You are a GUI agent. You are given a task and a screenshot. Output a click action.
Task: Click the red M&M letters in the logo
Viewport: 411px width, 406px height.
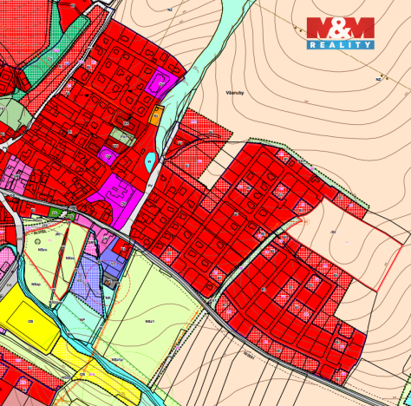340,28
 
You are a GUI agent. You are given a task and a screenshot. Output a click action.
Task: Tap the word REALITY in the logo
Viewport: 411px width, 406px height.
340,44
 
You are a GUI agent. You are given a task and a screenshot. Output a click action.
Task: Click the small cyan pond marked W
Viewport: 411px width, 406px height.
149,160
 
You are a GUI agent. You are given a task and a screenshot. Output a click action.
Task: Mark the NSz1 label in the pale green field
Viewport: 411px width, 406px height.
150,321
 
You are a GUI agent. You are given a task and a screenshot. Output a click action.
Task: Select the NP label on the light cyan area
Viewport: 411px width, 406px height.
82,319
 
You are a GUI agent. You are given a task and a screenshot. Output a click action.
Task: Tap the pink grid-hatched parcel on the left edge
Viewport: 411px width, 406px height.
16,174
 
